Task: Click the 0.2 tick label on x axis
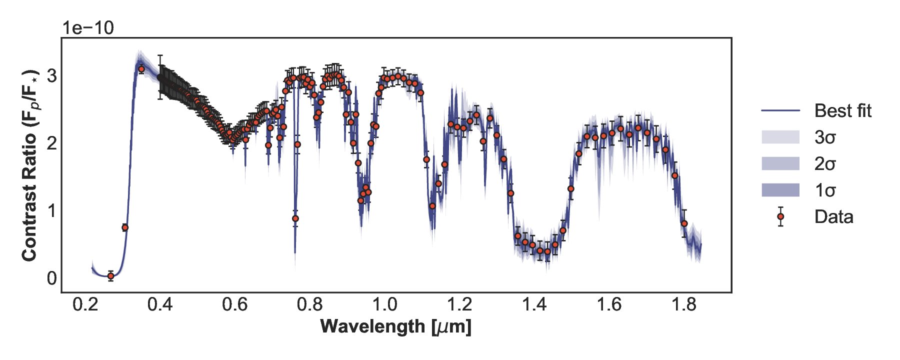pos(85,304)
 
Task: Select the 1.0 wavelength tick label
pos(384,304)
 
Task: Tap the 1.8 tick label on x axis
pos(684,304)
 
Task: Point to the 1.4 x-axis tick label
pos(534,304)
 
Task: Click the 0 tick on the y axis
pos(51,278)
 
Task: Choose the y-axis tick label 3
pos(51,76)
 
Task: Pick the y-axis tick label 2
pos(51,143)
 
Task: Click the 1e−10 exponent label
pos(88,28)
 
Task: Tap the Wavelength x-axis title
pos(395,326)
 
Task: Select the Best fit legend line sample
pos(780,110)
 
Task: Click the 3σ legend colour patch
pos(780,137)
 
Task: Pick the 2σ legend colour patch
pos(780,163)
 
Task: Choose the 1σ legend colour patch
pos(780,190)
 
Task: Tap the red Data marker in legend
pos(780,217)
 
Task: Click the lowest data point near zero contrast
pos(111,276)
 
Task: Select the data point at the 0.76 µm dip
pos(295,218)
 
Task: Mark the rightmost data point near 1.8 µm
pos(684,223)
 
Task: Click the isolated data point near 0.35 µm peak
pos(141,69)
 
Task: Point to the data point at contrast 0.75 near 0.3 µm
pos(125,227)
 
